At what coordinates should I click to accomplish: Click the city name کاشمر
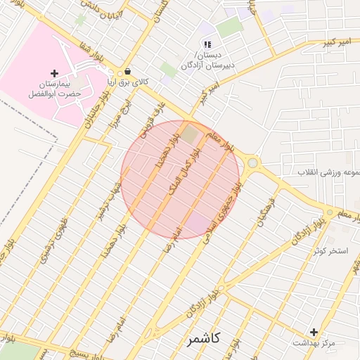[x=204, y=340]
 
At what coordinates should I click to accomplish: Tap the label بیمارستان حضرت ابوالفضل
[x=53, y=88]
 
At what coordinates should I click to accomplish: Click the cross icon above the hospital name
[x=54, y=73]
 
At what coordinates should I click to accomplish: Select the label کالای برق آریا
[x=127, y=82]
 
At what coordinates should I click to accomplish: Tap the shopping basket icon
[x=127, y=71]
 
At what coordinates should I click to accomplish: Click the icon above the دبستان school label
[x=207, y=44]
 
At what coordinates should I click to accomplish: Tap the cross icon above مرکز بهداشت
[x=314, y=331]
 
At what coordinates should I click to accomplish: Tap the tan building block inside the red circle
[x=190, y=132]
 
